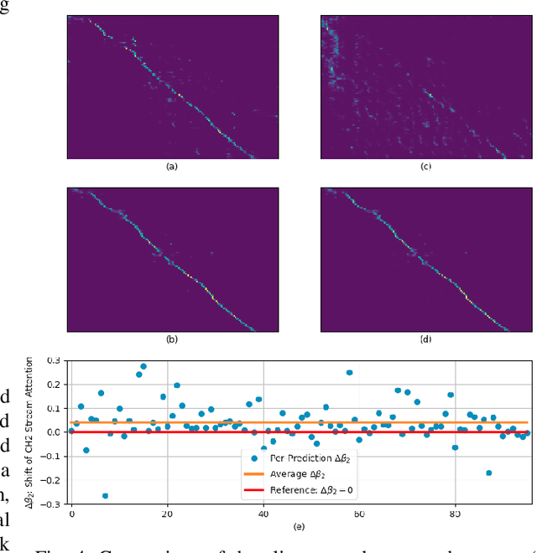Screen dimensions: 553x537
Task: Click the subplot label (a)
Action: pos(173,167)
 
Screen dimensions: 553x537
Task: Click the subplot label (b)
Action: pos(173,339)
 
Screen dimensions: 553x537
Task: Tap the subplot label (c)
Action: pos(425,167)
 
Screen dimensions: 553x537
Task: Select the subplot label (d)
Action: pos(425,339)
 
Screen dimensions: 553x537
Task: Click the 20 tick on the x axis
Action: pos(168,514)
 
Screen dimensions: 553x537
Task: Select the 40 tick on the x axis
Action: pos(263,514)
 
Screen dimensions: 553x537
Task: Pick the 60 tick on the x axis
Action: pos(359,514)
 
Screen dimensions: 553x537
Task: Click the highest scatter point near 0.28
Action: pos(143,366)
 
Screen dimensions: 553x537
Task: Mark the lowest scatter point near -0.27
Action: pos(105,496)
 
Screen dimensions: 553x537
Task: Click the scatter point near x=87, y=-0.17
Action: pos(488,473)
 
